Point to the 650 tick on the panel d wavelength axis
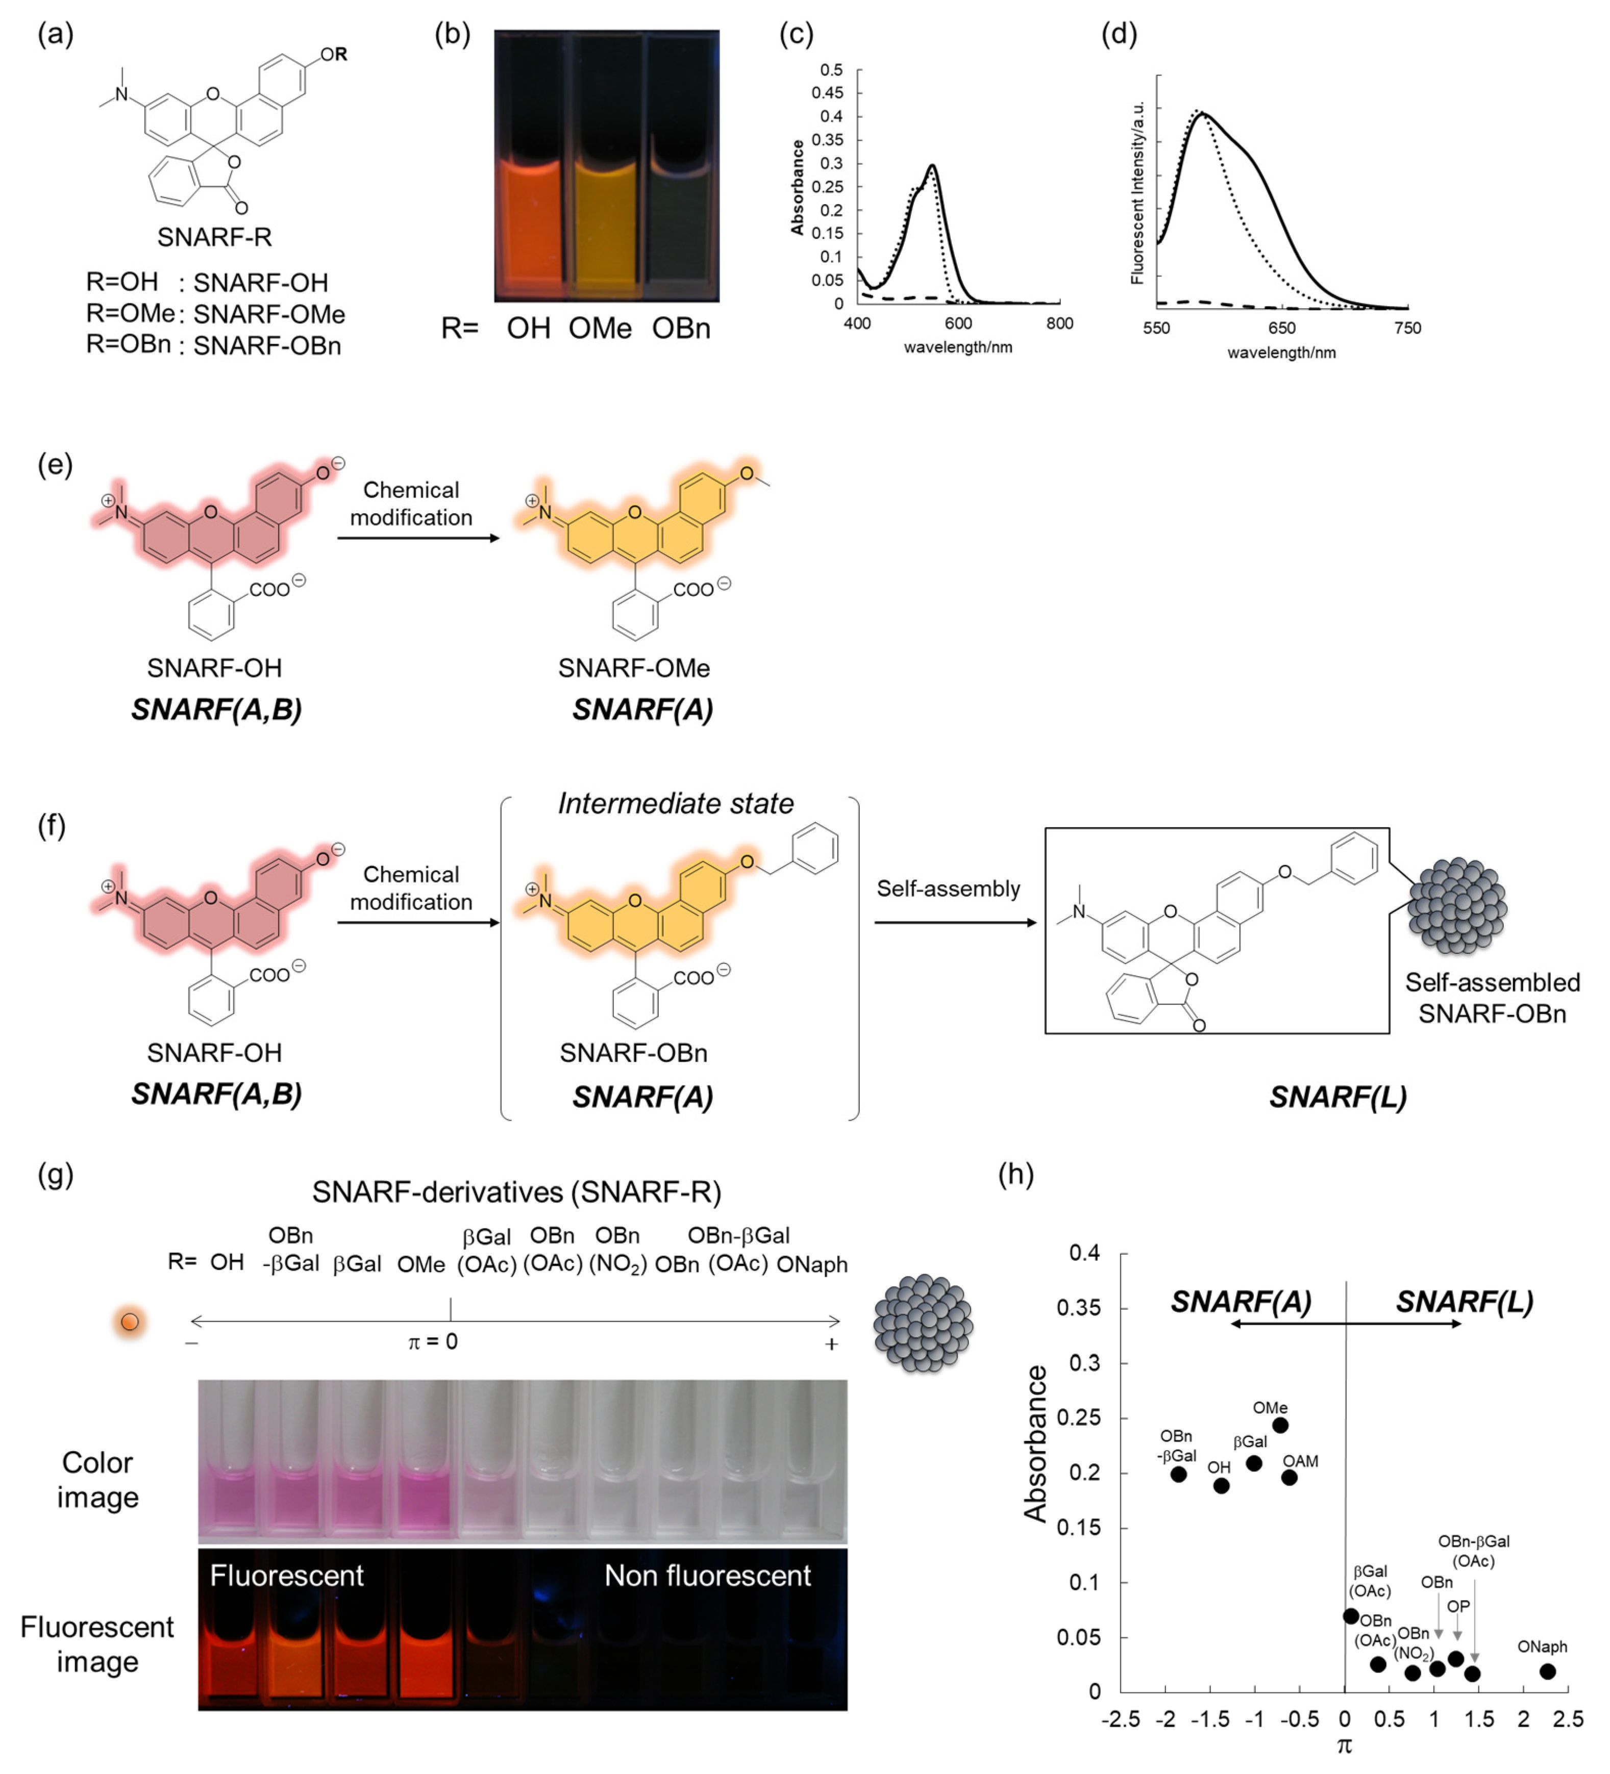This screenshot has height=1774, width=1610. (1282, 328)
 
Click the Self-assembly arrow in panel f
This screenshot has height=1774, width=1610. (955, 922)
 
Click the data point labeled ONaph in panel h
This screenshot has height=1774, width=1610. (1548, 1671)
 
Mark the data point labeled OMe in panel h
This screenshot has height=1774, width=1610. (1280, 1425)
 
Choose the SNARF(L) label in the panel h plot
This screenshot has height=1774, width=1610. (1465, 1302)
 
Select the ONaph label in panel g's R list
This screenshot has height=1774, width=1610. (811, 1264)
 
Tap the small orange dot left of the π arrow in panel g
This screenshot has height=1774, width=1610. (130, 1322)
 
